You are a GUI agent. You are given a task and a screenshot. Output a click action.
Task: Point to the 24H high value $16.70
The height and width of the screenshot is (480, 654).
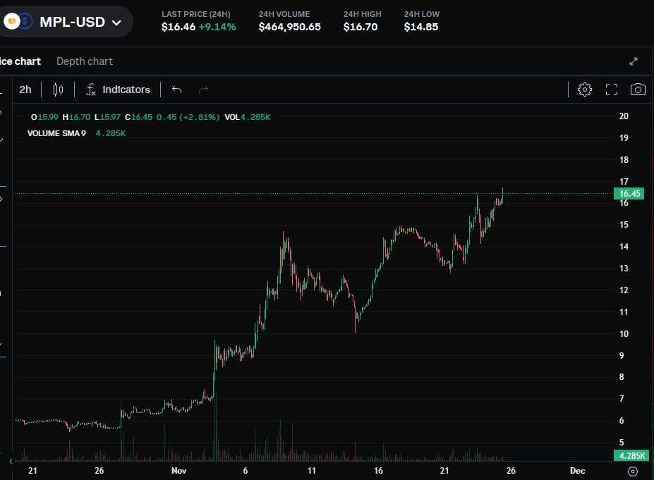click(x=360, y=27)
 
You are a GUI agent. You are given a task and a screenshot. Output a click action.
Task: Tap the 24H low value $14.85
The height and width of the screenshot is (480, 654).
click(x=421, y=27)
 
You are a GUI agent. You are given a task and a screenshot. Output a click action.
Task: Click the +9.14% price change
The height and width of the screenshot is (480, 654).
click(x=217, y=27)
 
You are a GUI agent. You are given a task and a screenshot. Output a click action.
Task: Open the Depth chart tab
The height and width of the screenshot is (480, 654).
click(x=85, y=61)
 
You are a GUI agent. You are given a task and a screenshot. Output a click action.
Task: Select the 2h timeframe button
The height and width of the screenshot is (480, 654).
click(x=25, y=90)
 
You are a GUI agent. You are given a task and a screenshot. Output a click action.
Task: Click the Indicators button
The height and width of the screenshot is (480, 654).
click(x=118, y=90)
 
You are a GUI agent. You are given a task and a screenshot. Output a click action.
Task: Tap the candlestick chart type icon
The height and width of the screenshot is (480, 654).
click(x=58, y=90)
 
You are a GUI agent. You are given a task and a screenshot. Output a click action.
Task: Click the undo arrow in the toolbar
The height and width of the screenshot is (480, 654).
click(x=176, y=90)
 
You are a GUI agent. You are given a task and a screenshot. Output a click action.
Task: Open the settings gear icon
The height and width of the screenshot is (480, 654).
click(x=584, y=90)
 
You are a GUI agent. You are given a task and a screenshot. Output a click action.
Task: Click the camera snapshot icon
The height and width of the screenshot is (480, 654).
click(x=638, y=90)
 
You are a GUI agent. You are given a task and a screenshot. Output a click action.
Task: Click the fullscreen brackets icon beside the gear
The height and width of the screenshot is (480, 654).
click(x=612, y=90)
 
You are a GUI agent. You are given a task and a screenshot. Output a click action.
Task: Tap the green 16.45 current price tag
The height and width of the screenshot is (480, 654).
click(x=629, y=193)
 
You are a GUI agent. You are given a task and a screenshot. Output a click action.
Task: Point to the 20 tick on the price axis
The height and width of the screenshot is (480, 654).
click(x=624, y=116)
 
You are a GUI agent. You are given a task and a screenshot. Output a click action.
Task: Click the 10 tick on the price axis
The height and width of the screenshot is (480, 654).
click(x=624, y=334)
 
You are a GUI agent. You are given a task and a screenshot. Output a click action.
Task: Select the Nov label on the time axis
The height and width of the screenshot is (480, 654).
click(x=179, y=470)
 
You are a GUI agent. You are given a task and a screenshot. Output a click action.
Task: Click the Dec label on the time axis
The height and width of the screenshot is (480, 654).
click(x=576, y=470)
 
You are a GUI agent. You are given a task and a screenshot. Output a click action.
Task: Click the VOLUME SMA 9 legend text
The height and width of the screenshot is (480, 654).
click(x=56, y=133)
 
